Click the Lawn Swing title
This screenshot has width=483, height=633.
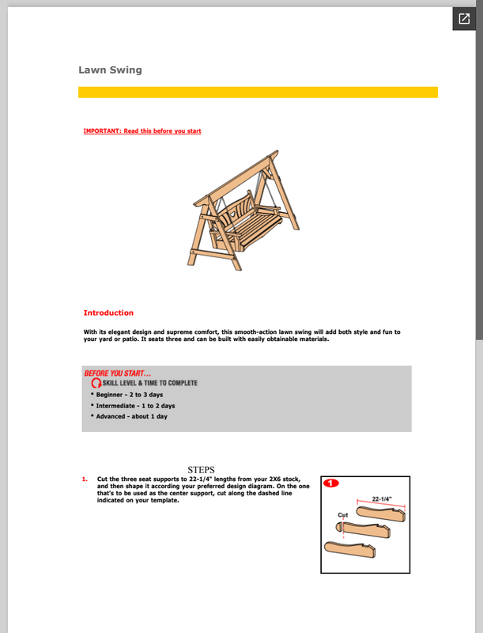(x=110, y=70)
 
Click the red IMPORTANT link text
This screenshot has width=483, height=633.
(x=142, y=131)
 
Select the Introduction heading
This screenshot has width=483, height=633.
(x=108, y=313)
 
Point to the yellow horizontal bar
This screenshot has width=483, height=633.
(x=258, y=92)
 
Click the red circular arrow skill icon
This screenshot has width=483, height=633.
(x=96, y=384)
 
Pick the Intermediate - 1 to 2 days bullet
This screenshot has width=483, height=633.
(x=135, y=405)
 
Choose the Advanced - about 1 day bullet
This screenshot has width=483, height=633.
(x=131, y=416)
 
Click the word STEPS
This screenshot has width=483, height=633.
(x=202, y=469)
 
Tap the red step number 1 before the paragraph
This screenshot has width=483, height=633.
(x=85, y=479)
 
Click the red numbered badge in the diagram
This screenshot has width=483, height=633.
(x=331, y=483)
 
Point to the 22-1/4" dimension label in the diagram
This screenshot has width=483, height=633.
(x=382, y=499)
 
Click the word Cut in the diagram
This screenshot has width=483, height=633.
(x=343, y=515)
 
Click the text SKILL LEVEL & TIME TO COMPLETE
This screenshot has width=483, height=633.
(x=150, y=384)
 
